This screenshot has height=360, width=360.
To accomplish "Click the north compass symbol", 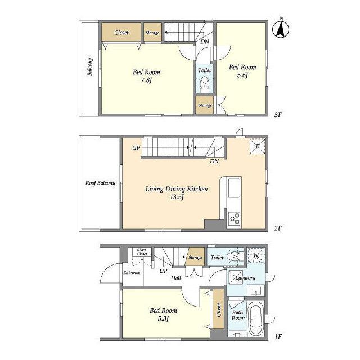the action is coord(281,29).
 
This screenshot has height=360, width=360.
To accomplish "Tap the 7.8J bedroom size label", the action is coord(146,80).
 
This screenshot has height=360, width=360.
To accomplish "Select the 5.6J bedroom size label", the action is coord(242,75).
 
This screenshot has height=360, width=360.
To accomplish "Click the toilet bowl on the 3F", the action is coord(204,83).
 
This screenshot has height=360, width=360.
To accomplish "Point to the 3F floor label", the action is coord(278,114).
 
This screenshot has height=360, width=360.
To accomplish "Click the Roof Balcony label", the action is coord(100,183).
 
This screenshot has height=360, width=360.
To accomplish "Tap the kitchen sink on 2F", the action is coord(234,188).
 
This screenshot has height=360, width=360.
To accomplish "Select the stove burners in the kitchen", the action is coord(235,218).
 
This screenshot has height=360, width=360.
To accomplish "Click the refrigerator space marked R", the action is coord(258,146).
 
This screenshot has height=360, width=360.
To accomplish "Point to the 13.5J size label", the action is coord(176,197).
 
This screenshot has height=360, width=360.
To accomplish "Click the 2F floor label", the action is coord(278,228).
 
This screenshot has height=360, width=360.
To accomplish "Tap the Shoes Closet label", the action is coord(142,252).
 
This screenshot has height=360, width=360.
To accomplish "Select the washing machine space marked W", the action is coord(256,255).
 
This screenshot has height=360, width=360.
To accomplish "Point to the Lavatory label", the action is coord(245,277).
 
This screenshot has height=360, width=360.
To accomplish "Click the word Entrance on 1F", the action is coord(132,272).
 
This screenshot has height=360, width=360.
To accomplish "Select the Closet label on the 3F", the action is coord(121,33).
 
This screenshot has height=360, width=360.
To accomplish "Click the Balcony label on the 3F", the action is coord(90,66).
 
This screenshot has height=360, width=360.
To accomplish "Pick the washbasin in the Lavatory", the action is coord(256,291).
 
